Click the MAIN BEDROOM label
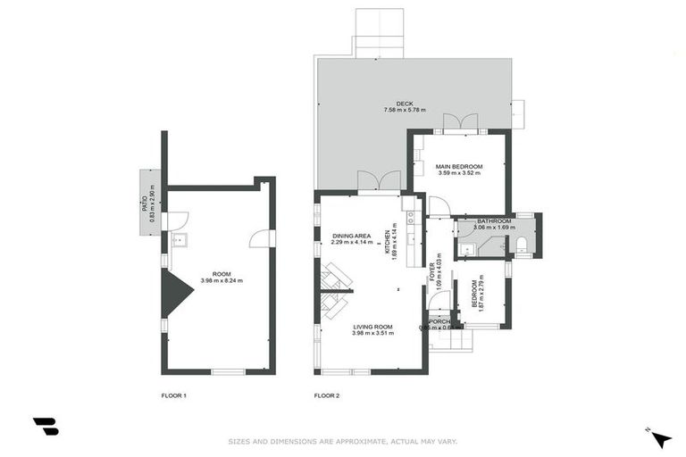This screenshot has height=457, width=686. [459, 167]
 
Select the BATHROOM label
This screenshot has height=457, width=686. [493, 220]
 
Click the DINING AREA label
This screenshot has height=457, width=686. [349, 235]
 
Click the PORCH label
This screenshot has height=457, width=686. [439, 321]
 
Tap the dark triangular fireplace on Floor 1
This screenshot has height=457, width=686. [175, 294]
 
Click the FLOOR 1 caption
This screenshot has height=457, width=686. [173, 395]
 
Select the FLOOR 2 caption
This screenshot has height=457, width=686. [327, 395]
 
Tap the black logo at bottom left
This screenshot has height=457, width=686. [46, 427]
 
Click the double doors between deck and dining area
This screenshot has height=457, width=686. [379, 181]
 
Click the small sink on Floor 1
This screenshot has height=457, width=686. [177, 239]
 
